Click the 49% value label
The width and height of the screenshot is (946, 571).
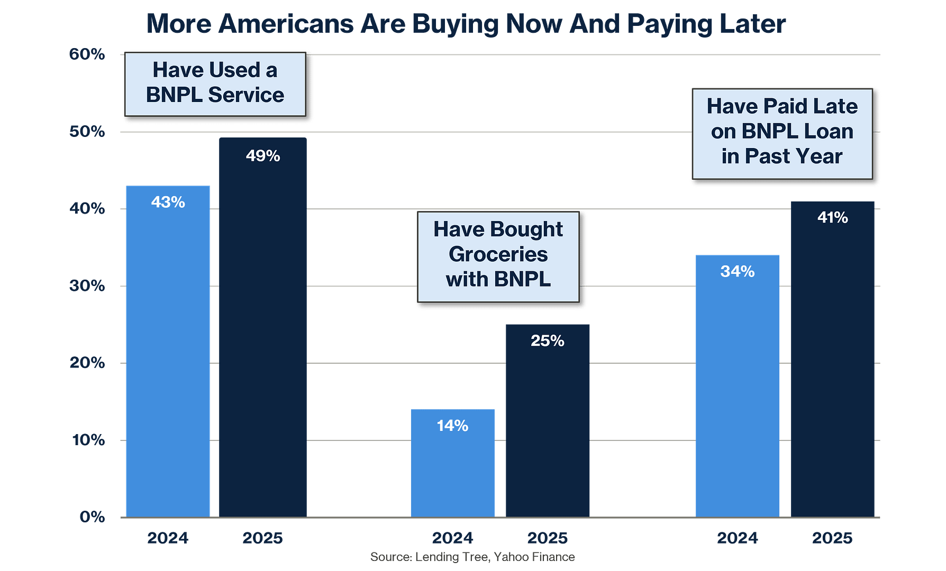pos(263,156)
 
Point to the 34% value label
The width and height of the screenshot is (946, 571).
pos(738,271)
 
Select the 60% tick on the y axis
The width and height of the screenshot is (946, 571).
pos(87,54)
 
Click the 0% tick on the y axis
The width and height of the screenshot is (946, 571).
pos(92,517)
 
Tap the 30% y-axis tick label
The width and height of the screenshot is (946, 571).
pos(87,285)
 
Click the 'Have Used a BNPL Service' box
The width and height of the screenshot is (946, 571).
pos(215,83)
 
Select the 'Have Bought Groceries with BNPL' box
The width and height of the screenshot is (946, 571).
pos(498,256)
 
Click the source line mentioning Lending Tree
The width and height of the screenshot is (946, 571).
pos(472,557)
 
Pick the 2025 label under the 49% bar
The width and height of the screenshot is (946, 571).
pos(263,538)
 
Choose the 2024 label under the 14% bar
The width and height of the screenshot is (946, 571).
pos(452,538)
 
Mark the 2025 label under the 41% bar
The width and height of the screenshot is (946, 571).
pos(833,538)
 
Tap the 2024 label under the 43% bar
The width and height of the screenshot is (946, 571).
pos(168,538)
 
